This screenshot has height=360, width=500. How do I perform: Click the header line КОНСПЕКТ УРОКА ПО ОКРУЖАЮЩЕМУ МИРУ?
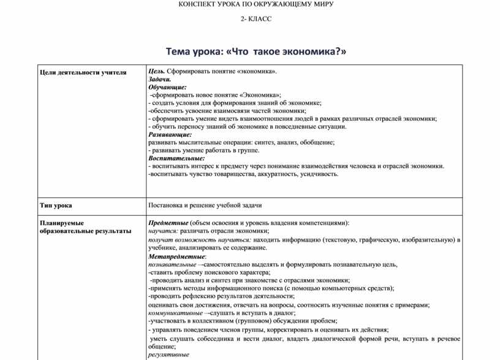[x=256, y=4]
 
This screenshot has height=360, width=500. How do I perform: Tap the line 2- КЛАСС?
[x=256, y=19]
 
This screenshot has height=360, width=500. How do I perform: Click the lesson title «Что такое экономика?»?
[x=256, y=52]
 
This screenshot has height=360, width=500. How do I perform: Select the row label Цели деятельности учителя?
[x=83, y=72]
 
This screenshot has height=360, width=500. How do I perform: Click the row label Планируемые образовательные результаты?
[x=85, y=227]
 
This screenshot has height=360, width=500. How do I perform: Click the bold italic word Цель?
[x=156, y=72]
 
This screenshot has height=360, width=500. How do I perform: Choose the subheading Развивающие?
[x=170, y=134]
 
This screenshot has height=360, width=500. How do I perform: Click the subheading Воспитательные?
[x=176, y=158]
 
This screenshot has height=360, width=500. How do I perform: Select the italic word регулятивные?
[x=169, y=354]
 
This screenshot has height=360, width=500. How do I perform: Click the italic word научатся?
[x=163, y=231]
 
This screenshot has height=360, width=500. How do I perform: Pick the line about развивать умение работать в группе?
[x=204, y=150]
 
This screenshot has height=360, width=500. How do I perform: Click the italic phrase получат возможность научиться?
[x=199, y=240]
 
